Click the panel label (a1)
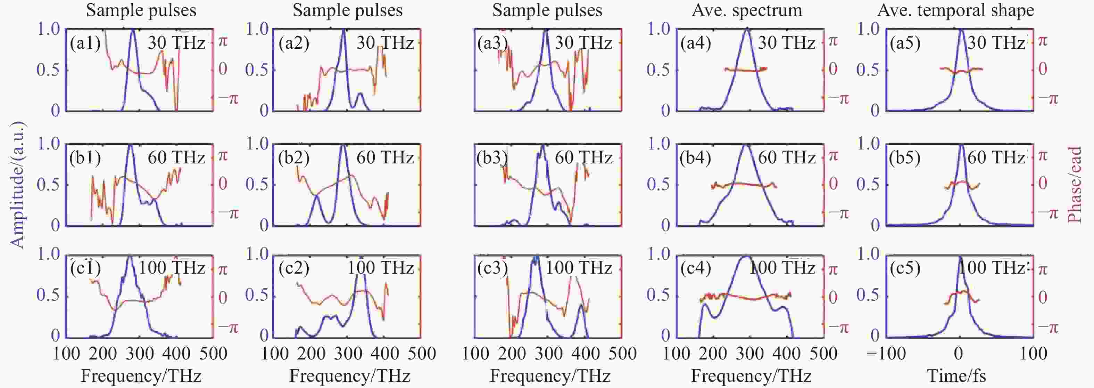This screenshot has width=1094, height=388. click(85, 44)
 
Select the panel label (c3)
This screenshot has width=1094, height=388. click(492, 268)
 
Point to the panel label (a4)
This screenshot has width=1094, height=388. click(696, 44)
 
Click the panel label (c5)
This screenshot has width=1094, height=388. click(905, 268)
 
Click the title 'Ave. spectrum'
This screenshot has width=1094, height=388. click(747, 10)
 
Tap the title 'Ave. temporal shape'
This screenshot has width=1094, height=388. click(955, 10)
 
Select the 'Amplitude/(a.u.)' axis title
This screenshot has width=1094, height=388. click(17, 185)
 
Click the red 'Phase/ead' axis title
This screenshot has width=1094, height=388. click(1075, 185)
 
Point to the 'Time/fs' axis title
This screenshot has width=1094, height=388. click(956, 376)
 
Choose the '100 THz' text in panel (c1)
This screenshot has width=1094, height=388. click(172, 268)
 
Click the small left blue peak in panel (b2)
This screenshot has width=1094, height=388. click(316, 196)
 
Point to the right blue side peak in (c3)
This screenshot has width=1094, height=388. click(581, 305)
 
